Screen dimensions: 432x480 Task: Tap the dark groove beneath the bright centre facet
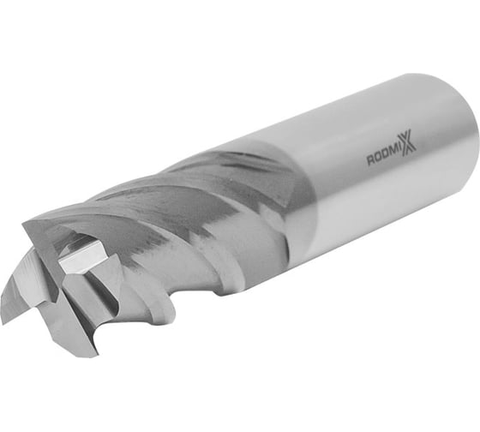pyautogui.click(x=86, y=287)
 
